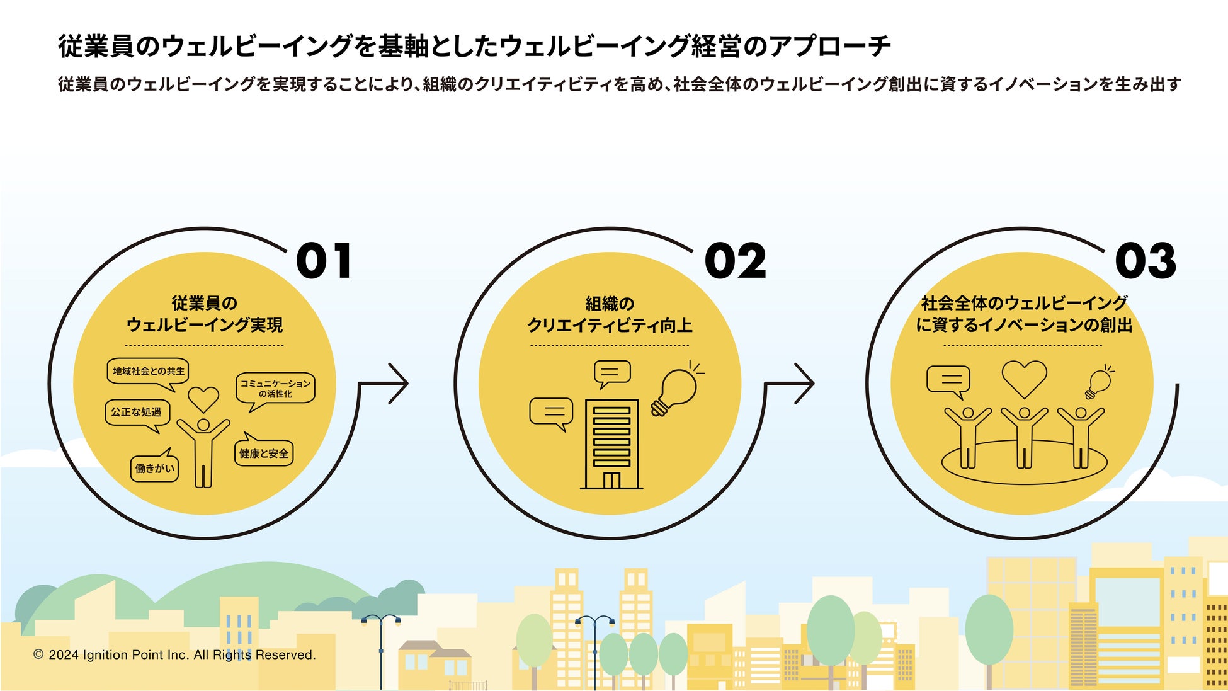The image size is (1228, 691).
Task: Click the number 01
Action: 324,261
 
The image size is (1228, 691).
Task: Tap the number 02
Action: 735,261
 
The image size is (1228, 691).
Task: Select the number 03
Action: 1145,261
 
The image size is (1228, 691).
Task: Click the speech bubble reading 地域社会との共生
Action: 148,372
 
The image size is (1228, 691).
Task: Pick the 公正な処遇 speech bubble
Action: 137,413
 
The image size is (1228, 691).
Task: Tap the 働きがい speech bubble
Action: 154,469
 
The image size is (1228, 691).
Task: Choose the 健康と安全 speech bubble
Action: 264,453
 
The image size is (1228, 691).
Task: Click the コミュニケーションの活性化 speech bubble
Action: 275,389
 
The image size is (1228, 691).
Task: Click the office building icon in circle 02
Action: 611,444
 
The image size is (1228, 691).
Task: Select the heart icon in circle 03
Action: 1024,379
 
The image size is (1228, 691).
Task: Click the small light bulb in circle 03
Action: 1099,383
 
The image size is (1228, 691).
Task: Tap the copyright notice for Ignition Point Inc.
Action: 174,655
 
